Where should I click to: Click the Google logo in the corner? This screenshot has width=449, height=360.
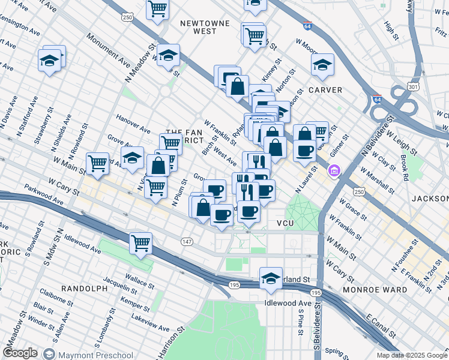point(20,353)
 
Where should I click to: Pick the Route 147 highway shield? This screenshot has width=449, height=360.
point(187,241)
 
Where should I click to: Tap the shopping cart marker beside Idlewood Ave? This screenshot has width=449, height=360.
point(140,243)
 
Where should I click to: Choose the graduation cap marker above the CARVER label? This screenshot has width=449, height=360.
point(322,65)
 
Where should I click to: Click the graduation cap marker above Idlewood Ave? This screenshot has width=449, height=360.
point(271,278)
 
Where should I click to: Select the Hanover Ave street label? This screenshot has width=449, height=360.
point(133,124)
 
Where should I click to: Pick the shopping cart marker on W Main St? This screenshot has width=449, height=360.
point(97,163)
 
